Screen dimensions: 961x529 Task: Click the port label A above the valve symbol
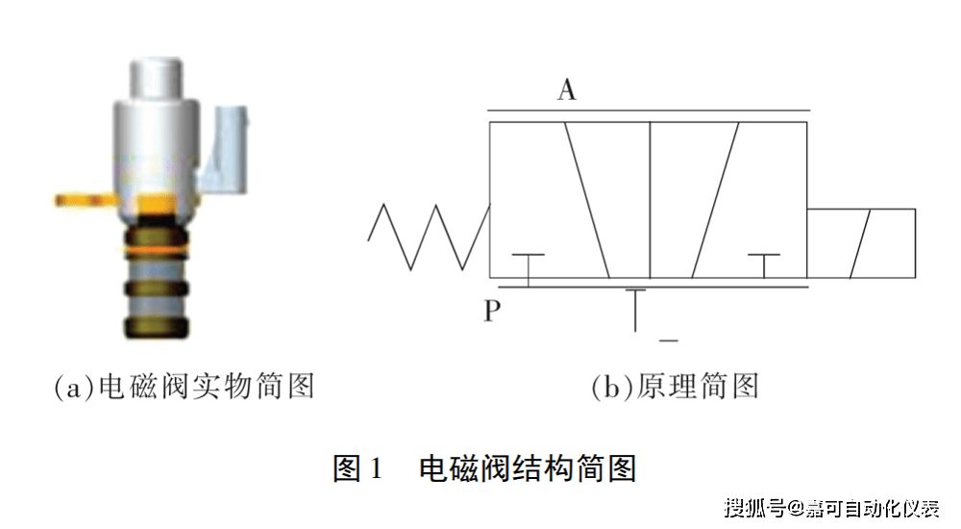[x=567, y=89]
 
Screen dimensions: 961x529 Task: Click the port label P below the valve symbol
[x=491, y=311]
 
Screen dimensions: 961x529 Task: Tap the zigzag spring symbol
[x=429, y=237]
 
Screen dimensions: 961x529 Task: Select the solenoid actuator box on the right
[x=861, y=243]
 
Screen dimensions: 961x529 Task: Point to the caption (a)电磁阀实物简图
[x=185, y=387]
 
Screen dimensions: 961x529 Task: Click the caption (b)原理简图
[x=675, y=387]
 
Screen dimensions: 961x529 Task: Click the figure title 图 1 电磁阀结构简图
[x=484, y=468]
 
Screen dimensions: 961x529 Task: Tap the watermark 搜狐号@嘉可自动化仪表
[x=832, y=508]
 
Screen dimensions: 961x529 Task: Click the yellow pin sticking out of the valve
[x=85, y=199]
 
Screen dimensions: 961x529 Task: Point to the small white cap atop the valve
[x=157, y=79]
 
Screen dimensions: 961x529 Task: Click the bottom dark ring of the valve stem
[x=157, y=328]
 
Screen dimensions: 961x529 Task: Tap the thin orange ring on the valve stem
[x=157, y=251]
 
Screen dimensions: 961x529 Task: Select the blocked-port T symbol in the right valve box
[x=764, y=265]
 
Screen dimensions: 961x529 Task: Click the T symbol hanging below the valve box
[x=635, y=310]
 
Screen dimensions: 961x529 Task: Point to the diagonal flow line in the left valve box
[x=587, y=200]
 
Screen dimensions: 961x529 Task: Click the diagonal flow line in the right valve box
[x=715, y=200]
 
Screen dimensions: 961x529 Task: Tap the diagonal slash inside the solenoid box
[x=860, y=243]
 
